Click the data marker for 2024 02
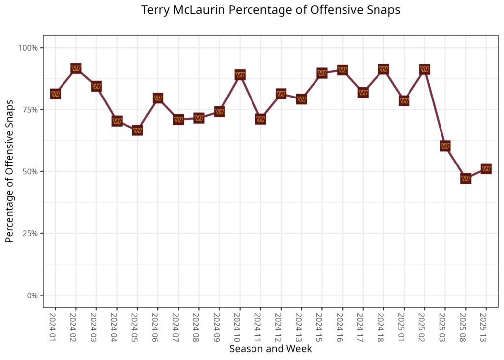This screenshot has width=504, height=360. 76,68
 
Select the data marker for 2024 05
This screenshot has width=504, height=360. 137,131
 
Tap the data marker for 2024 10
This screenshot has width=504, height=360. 240,75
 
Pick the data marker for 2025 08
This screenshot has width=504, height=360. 466,178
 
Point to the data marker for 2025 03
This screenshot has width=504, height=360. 445,146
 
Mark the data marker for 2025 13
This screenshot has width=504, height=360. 486,169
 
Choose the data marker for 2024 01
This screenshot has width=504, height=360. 55,94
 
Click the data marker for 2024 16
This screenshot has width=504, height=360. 343,70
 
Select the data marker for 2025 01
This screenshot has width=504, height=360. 404,101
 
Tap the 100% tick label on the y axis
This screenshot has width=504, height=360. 29,48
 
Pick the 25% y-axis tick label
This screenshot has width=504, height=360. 31,233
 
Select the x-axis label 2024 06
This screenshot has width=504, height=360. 157,325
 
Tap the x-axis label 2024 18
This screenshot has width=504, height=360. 383,325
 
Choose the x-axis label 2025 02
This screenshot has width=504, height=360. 424,325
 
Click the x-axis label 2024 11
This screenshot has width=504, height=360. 260,325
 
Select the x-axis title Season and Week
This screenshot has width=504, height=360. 270,349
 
